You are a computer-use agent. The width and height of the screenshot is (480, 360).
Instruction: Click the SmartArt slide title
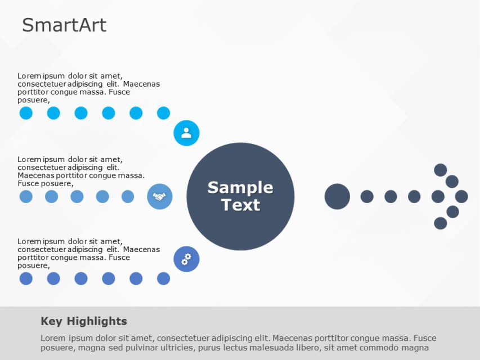[64, 25]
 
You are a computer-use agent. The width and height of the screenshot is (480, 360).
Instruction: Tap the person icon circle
[186, 133]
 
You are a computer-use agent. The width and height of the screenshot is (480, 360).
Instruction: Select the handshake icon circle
[160, 196]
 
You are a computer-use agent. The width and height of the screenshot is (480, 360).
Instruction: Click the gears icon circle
[186, 259]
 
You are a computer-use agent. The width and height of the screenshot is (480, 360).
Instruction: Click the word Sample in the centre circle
[240, 188]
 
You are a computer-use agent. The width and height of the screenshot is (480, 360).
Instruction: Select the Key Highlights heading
[84, 321]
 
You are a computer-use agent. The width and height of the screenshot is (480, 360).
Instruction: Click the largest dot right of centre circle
[337, 196]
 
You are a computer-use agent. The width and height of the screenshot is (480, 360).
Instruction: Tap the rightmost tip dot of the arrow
[461, 196]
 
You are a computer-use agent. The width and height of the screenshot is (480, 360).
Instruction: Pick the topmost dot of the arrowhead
[441, 170]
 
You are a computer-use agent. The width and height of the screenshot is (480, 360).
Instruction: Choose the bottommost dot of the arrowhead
[441, 223]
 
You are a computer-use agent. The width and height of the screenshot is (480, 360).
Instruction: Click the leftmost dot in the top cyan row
[26, 113]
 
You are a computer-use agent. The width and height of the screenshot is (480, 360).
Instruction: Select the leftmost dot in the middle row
[26, 196]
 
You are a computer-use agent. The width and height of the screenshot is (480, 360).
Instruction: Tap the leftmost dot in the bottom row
[26, 278]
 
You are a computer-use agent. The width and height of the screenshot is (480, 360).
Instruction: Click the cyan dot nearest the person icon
[163, 113]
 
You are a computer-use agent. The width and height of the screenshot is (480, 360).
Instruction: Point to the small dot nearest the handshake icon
[128, 196]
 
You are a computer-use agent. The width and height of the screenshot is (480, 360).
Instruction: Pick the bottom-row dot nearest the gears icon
[163, 278]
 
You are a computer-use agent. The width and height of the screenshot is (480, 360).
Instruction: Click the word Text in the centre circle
[241, 205]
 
